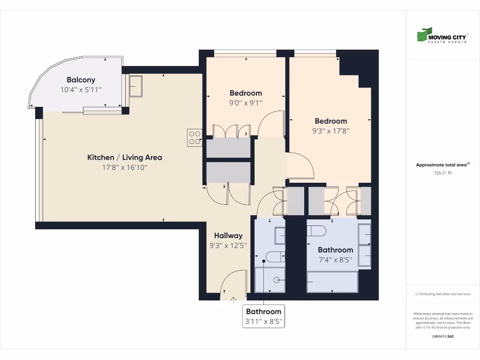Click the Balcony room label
81,80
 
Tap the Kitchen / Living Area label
125,157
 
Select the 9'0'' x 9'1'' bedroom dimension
246,103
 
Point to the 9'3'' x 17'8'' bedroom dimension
331,131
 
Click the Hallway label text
228,235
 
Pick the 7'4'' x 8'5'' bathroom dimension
335,260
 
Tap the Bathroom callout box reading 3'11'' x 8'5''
264,316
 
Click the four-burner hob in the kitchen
194,137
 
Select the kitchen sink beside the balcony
135,86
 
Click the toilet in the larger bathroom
317,231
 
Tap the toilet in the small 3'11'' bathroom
272,256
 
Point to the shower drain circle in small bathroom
277,280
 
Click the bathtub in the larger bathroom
332,281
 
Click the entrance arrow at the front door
233,300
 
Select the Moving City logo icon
424,35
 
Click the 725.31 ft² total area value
442,173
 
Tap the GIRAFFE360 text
442,336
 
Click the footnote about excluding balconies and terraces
442,294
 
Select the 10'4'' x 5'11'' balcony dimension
81,90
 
